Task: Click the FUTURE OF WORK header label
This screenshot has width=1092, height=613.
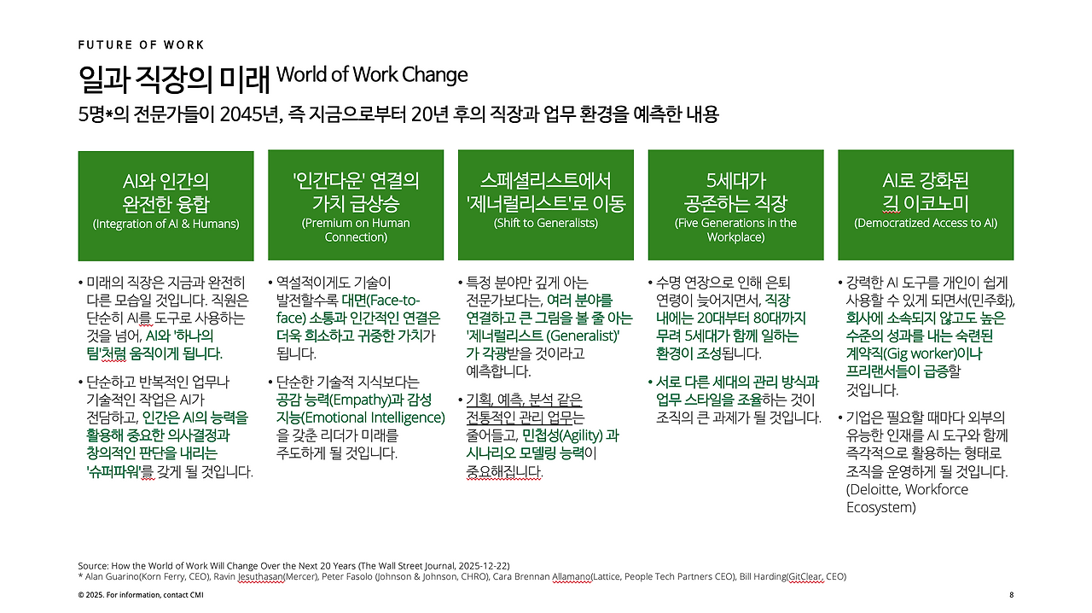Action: coord(141,44)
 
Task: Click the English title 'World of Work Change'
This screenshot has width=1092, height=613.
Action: coord(372,75)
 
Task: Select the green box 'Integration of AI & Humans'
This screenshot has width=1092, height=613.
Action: coord(166,205)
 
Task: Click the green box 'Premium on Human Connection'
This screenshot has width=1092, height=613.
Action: coord(356,205)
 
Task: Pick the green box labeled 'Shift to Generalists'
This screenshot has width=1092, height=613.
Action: coord(546,205)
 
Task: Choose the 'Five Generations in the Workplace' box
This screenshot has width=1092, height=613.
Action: coord(735,205)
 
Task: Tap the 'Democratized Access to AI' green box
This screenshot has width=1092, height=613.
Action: coord(926,205)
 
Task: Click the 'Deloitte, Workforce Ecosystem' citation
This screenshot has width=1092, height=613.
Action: coord(907,499)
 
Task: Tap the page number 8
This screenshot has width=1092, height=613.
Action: coord(1011,594)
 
